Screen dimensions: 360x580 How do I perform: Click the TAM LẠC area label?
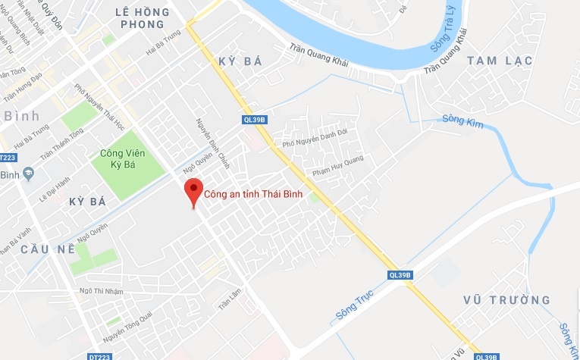(500, 61)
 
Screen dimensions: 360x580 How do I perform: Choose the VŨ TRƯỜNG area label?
(506, 300)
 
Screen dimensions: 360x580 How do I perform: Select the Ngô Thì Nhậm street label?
(101, 291)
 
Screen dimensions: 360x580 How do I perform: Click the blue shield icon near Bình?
(29, 174)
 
